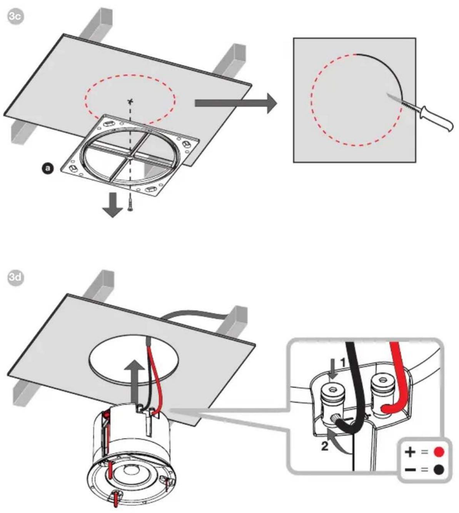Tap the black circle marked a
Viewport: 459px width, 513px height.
coord(48,168)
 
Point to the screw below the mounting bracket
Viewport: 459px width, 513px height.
coord(130,205)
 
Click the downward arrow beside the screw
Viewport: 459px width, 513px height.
coord(113,205)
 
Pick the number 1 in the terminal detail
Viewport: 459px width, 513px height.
coord(342,363)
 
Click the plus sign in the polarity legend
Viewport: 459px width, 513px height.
coord(410,451)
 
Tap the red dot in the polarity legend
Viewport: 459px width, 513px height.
coord(439,451)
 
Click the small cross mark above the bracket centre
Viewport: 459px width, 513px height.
coord(130,102)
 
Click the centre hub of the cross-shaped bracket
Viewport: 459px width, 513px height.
coord(130,158)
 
